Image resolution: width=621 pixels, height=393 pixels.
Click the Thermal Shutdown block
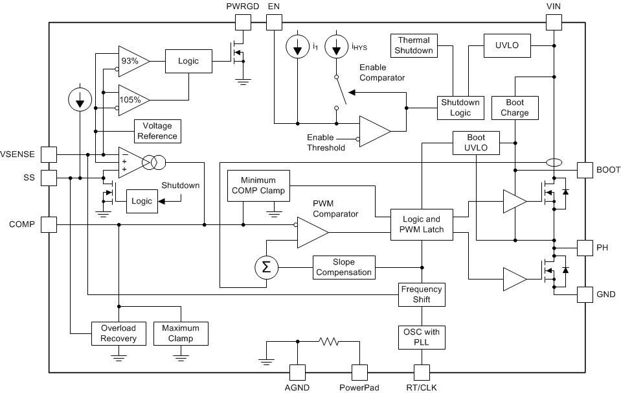pyautogui.click(x=414, y=45)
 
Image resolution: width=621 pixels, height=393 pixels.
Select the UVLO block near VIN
pyautogui.click(x=507, y=45)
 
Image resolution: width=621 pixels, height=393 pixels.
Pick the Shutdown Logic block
pyautogui.click(x=460, y=108)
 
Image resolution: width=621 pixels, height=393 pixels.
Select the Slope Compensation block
pyautogui.click(x=344, y=267)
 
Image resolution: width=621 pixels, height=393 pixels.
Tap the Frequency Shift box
pyautogui.click(x=422, y=295)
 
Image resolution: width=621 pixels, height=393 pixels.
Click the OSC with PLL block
pyautogui.click(x=422, y=337)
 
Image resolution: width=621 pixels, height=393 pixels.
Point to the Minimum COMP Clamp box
pyautogui.click(x=258, y=185)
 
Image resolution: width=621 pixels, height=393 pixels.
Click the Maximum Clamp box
pyautogui.click(x=181, y=333)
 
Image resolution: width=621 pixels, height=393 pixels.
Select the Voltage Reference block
pyautogui.click(x=156, y=131)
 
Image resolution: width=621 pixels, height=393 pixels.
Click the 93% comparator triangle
pyautogui.click(x=131, y=61)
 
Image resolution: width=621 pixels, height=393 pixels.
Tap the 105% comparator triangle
pyautogui.click(x=131, y=100)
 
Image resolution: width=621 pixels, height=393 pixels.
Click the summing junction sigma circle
pyautogui.click(x=265, y=267)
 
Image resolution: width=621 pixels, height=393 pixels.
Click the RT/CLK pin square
pyautogui.click(x=422, y=372)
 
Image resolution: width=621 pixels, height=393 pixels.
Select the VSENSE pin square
pyautogui.click(x=49, y=154)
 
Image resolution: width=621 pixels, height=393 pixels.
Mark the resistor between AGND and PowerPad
pyautogui.click(x=328, y=341)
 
